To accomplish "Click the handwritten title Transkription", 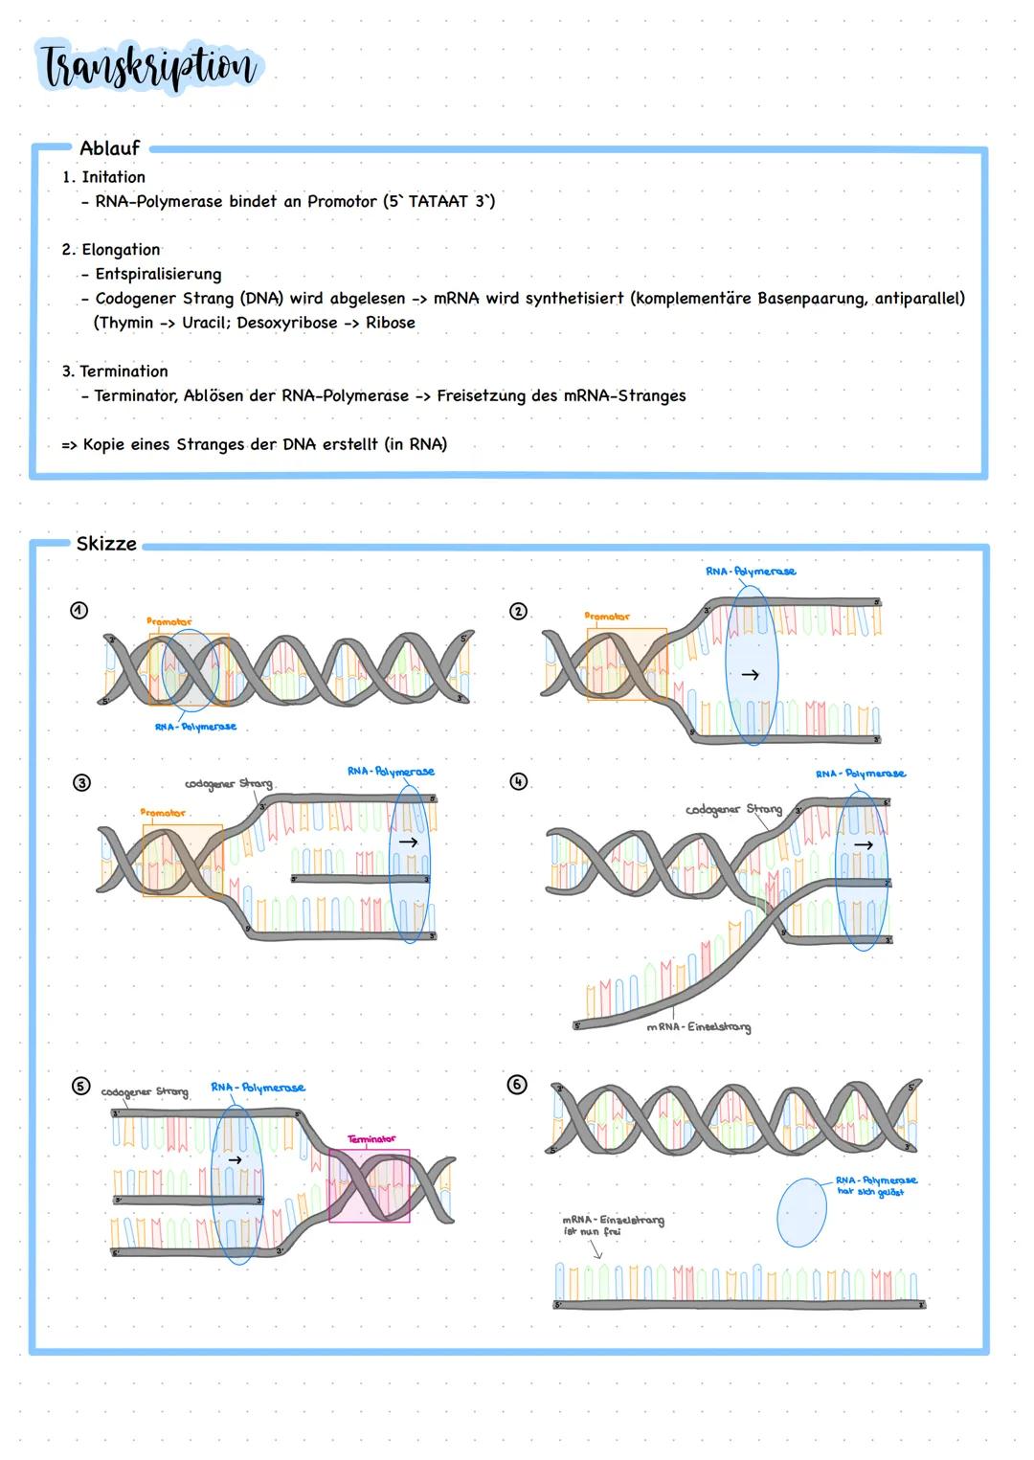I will (148, 67).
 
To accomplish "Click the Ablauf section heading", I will (109, 148).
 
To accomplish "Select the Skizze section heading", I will (106, 544).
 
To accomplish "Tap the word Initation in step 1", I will (113, 177).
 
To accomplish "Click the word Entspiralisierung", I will (158, 274).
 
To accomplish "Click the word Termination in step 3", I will (124, 371).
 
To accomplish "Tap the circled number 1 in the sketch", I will (79, 611).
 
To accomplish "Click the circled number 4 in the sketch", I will (518, 781).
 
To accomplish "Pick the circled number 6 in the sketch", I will (516, 1085).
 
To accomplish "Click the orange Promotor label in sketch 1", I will (169, 622).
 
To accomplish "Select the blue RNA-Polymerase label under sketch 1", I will (195, 727).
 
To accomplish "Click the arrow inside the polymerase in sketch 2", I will (751, 675).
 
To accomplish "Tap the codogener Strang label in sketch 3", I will (228, 784).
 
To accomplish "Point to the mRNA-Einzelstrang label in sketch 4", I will (698, 1027).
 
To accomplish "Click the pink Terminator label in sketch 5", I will (371, 1139).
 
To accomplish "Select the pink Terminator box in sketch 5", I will (370, 1186).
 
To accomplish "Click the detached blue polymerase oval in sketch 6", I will (801, 1212).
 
